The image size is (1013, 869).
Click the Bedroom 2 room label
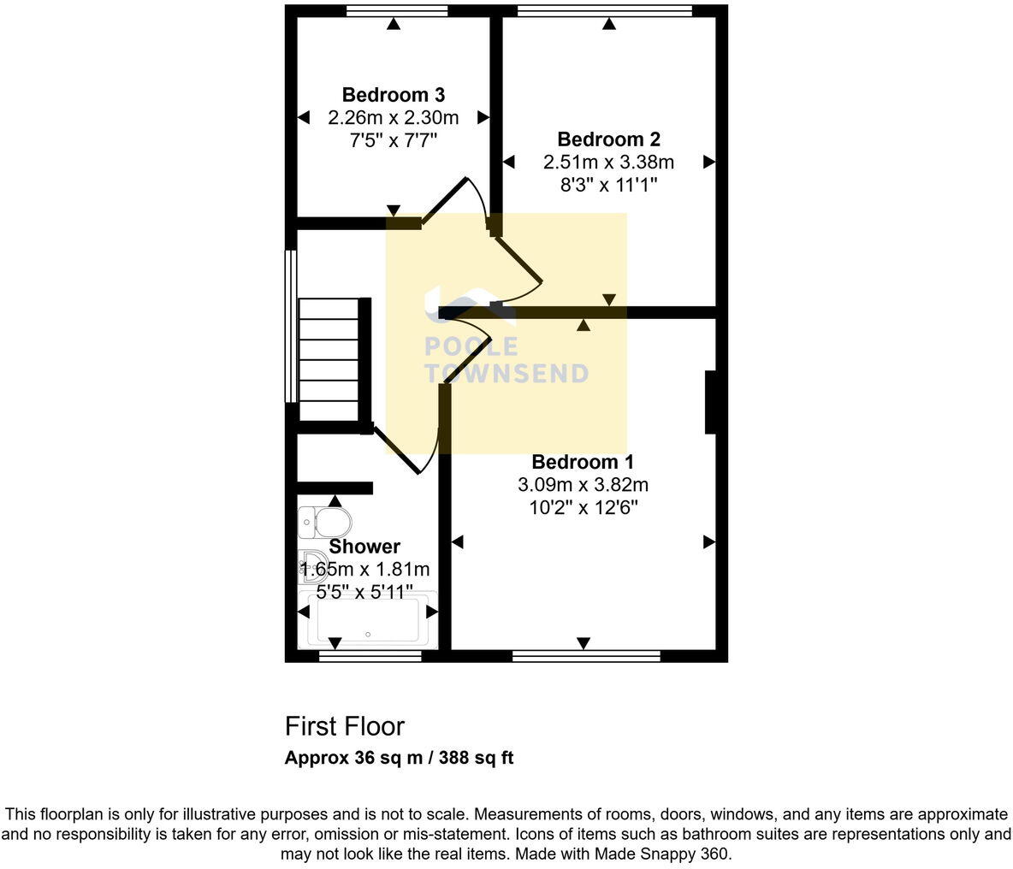(x=608, y=139)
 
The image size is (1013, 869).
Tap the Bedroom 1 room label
(x=583, y=463)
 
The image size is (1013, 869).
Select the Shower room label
(x=364, y=547)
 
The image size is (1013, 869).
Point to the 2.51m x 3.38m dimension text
(x=608, y=162)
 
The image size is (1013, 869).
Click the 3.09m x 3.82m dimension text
(x=583, y=485)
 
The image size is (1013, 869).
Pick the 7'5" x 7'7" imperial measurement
(x=393, y=140)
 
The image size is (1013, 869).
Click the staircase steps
(x=328, y=359)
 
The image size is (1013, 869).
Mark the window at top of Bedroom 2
(x=605, y=11)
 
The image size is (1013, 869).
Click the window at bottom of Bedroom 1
(x=586, y=656)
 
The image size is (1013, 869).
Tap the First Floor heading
(x=344, y=726)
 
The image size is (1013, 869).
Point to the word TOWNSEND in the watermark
(x=506, y=374)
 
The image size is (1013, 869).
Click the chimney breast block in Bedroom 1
(x=709, y=402)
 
